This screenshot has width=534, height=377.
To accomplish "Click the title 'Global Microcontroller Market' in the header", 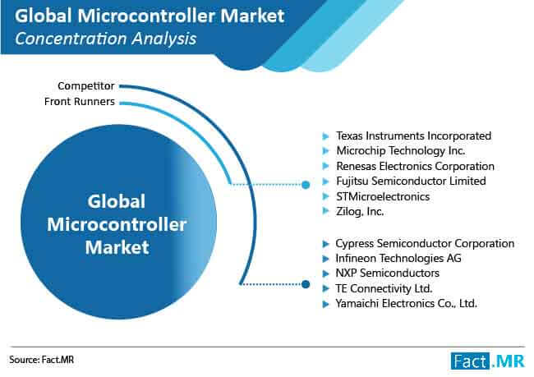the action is click(150, 16).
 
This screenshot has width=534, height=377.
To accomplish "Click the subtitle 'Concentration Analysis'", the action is click(106, 39).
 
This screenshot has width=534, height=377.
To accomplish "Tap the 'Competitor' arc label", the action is click(85, 85).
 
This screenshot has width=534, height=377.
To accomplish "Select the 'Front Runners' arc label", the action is click(80, 102).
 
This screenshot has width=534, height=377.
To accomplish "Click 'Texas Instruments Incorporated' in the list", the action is click(413, 136).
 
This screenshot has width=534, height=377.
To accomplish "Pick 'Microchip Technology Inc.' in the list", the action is click(401, 151).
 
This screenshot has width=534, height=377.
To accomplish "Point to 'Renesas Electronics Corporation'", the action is click(415, 166).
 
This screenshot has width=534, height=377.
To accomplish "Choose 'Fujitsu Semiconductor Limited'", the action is click(411, 182).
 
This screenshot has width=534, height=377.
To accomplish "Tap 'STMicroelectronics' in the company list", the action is click(383, 196).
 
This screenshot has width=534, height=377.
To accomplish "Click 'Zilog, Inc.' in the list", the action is click(360, 211).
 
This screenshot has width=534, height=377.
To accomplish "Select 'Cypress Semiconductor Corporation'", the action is click(425, 243).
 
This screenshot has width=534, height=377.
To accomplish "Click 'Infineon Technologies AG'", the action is click(398, 259).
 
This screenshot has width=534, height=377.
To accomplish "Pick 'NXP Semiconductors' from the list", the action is click(387, 274).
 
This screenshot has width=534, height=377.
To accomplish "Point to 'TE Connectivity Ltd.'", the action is click(384, 288).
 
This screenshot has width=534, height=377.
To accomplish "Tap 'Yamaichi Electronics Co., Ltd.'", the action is click(406, 303).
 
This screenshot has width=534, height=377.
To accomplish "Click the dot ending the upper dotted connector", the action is click(306, 185).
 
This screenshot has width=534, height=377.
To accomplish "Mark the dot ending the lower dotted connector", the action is click(306, 284).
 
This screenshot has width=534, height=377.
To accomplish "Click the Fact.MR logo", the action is click(488, 361).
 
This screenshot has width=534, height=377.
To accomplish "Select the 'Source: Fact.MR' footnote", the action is click(41, 360).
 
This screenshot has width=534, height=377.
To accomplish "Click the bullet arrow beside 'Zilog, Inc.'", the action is click(326, 211).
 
